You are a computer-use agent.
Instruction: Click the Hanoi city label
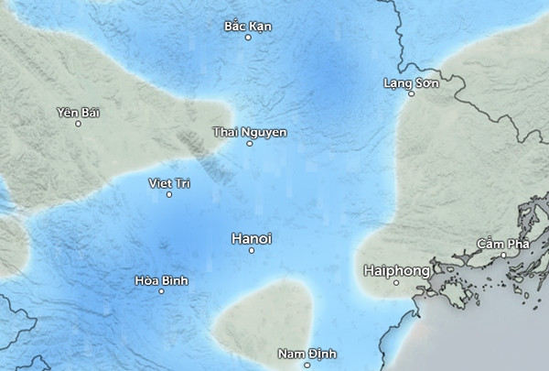point(252,238)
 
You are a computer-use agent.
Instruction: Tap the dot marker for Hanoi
point(252,250)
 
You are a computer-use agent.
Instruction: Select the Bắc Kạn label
point(248,26)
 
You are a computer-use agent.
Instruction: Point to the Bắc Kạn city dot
point(248,38)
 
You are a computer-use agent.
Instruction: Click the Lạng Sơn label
point(411,83)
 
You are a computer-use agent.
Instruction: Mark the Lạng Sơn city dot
point(411,95)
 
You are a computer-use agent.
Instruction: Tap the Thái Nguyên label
point(249,132)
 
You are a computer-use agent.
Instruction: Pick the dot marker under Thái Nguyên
point(249,144)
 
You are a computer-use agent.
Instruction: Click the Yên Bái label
point(78,112)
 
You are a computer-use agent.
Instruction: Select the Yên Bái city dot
point(78,124)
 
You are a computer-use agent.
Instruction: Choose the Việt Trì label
point(169,183)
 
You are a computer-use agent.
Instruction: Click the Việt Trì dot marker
point(169,194)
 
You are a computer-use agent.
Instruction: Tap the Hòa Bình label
point(161,280)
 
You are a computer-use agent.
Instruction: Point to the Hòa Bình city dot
point(161,292)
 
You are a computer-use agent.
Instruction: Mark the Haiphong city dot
point(396,283)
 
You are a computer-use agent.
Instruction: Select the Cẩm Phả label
point(503,244)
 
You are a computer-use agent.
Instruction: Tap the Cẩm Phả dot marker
point(503,256)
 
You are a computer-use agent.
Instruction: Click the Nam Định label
point(307,354)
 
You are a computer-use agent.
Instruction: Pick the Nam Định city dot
point(307,366)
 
